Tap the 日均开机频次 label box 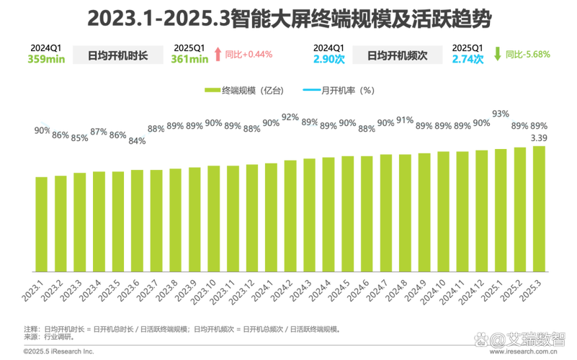(396, 56)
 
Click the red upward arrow (218, 53)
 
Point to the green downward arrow (497, 52)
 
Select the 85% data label (80, 138)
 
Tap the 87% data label (99, 132)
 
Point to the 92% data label (290, 117)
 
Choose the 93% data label (501, 113)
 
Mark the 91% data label (405, 120)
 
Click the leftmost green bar (42, 223)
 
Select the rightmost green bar (539, 208)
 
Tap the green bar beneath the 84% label (137, 220)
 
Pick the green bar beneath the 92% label (290, 215)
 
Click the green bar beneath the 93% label (501, 210)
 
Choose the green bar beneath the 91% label (405, 212)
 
